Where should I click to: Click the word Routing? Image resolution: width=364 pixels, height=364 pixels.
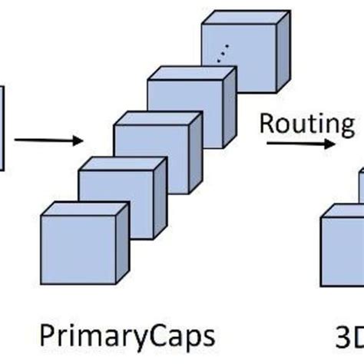[305, 122]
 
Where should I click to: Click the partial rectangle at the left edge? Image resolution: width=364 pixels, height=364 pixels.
[2, 127]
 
